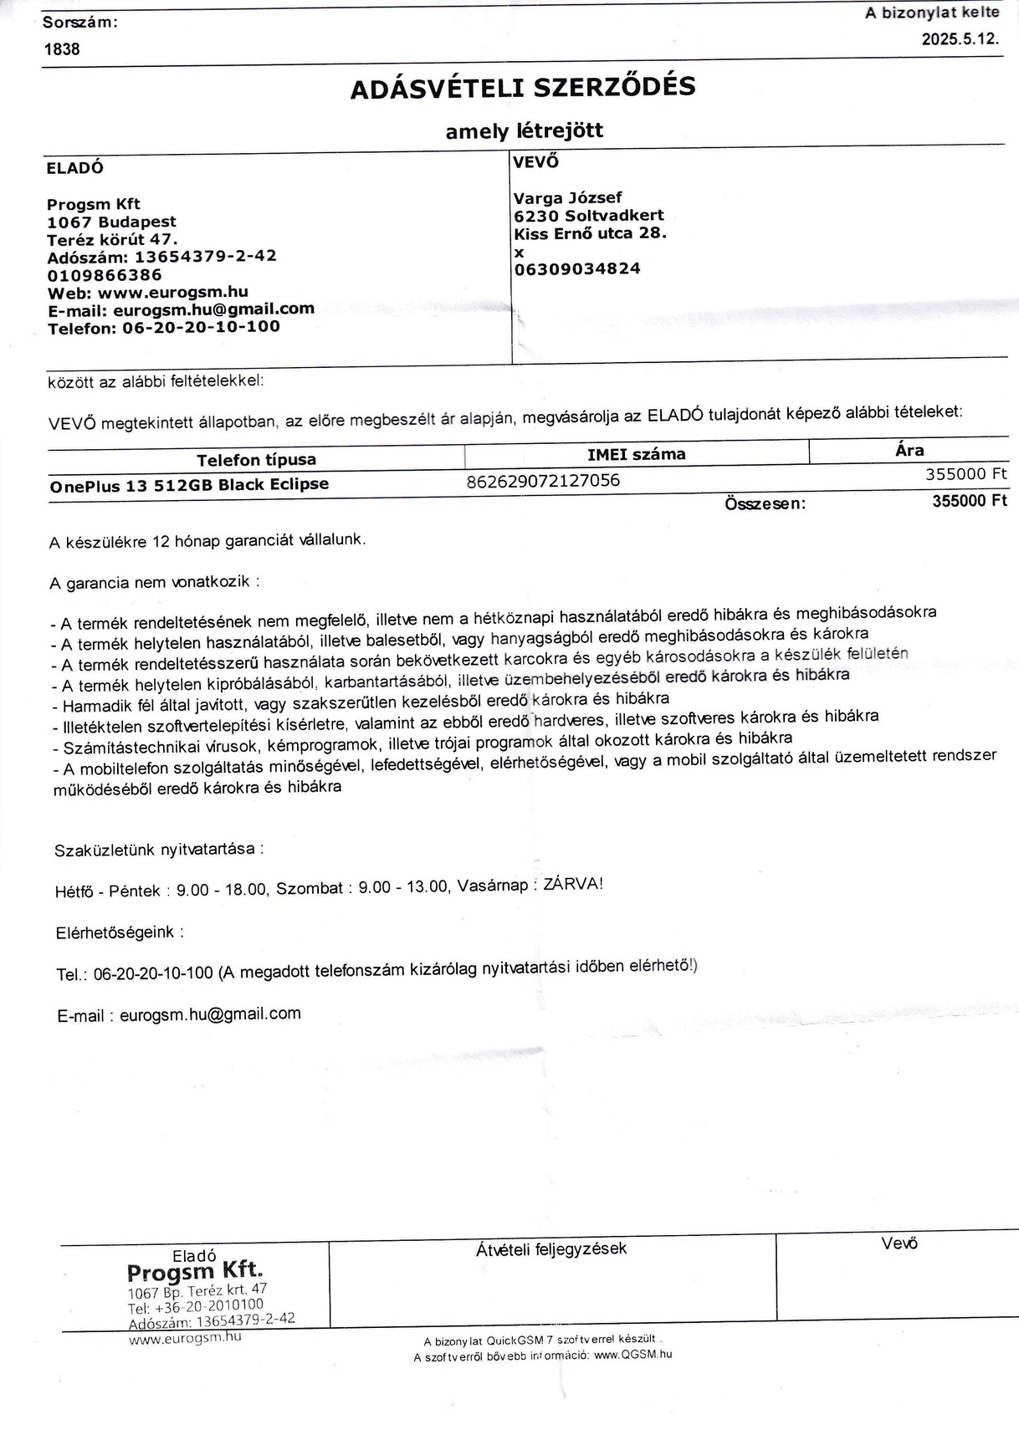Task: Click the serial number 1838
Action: [x=62, y=49]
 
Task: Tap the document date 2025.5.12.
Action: [x=960, y=39]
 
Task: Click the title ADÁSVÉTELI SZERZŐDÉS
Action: [x=522, y=88]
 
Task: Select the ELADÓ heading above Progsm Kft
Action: [x=75, y=167]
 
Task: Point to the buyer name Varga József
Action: [x=567, y=198]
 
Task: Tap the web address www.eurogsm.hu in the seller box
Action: [x=172, y=293]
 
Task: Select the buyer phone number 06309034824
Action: [x=577, y=268]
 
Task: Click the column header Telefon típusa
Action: [x=256, y=460]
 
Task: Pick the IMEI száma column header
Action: [x=636, y=454]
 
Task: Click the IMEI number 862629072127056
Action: [x=543, y=480]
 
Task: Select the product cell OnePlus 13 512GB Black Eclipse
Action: [x=189, y=485]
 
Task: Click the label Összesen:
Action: [x=765, y=503]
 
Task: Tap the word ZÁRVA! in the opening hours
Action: [x=572, y=884]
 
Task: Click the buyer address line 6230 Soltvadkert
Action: [x=589, y=216]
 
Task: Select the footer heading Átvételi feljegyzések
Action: [x=550, y=1249]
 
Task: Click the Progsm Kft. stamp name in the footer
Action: [x=195, y=1272]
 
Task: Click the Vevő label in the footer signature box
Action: [x=899, y=1243]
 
